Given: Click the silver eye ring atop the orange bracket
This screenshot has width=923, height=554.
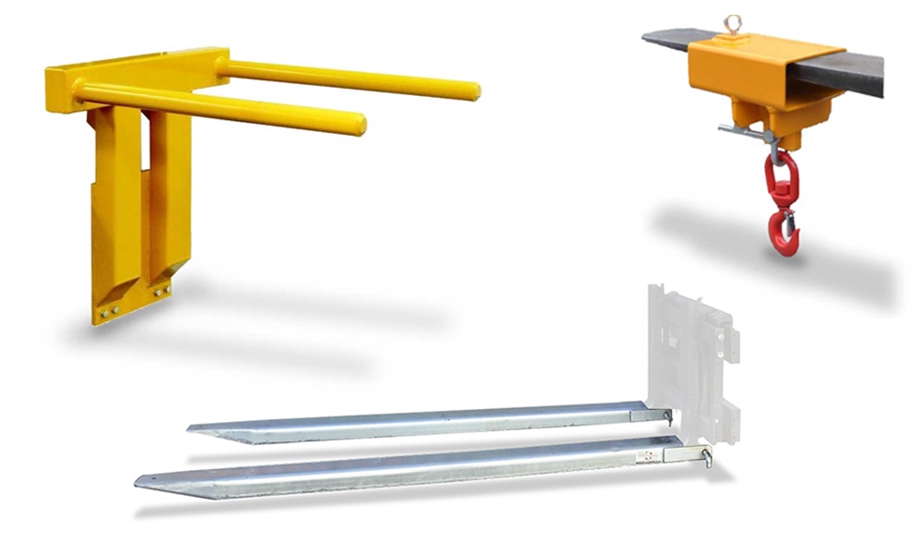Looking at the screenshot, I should [734, 26].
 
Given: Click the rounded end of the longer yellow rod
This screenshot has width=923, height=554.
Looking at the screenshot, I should [472, 90].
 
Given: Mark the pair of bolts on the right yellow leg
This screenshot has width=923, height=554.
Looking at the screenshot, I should [162, 292].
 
